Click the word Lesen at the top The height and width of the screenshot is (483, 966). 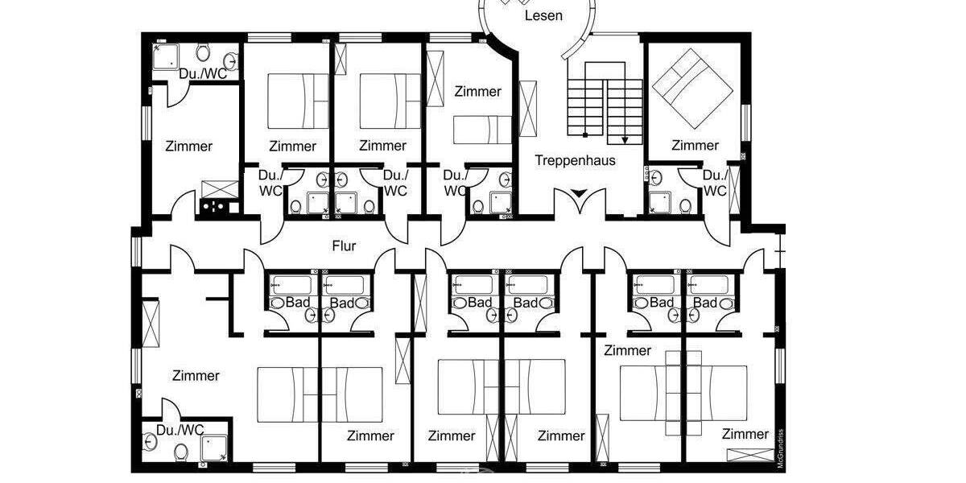coord(543,15)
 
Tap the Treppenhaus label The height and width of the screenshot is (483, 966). coord(575,160)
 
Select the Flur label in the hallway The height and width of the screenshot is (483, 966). coord(344,246)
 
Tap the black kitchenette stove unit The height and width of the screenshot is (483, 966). coord(216,207)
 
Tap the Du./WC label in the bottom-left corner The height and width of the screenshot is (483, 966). coord(180,429)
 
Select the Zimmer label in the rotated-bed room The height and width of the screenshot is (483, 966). coord(695,146)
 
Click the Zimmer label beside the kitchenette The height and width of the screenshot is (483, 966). coord(189,147)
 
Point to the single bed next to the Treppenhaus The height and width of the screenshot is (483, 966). coord(481,129)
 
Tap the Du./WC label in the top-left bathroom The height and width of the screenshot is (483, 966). coord(203,74)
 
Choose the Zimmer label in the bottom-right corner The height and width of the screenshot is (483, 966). coord(745,434)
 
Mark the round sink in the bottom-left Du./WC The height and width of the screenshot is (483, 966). coord(150,440)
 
